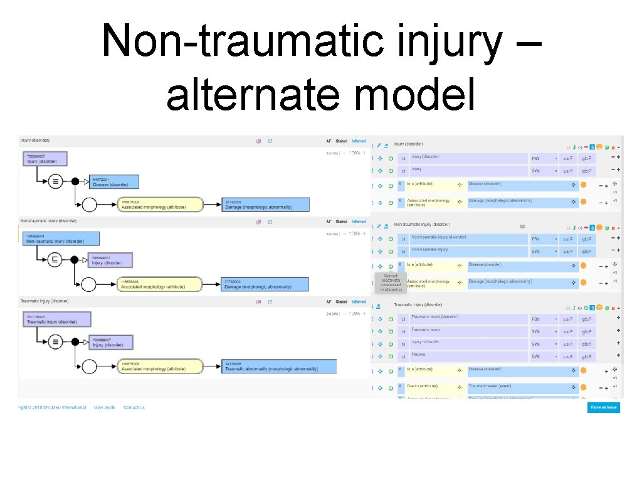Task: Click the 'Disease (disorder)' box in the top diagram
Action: pyautogui.click(x=115, y=182)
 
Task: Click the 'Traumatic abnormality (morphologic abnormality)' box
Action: pyautogui.click(x=279, y=367)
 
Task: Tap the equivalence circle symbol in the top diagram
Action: pyautogui.click(x=56, y=181)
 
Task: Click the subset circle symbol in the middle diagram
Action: pyautogui.click(x=56, y=260)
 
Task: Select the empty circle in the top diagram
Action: pyautogui.click(x=88, y=204)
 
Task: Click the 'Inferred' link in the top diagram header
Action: pyautogui.click(x=359, y=141)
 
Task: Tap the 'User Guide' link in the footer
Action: pyautogui.click(x=105, y=407)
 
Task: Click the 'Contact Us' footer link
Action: pyautogui.click(x=134, y=407)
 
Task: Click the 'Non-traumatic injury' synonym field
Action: pyautogui.click(x=469, y=251)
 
